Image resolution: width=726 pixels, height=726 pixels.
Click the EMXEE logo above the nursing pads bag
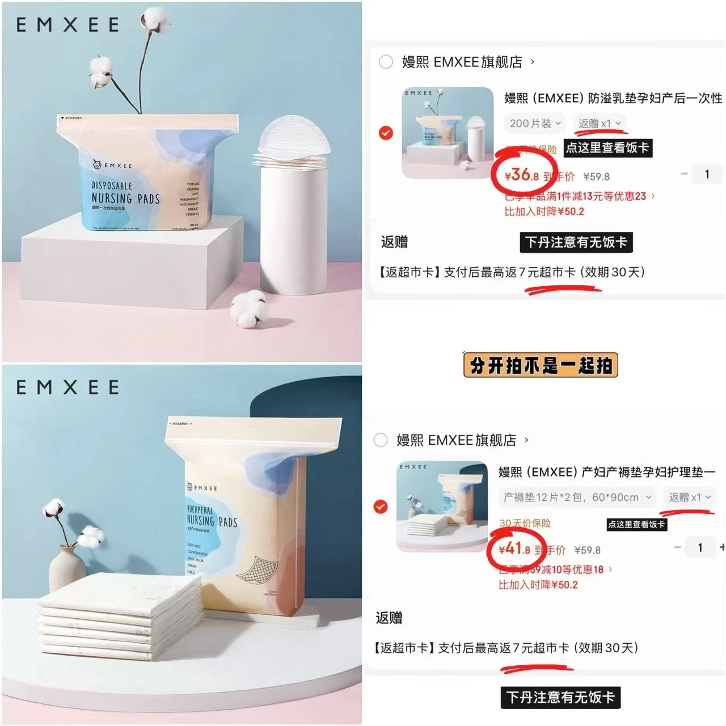(x=67, y=25)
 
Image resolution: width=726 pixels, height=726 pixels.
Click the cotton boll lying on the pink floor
(x=248, y=309)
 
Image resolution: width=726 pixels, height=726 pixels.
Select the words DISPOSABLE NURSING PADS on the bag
(x=125, y=193)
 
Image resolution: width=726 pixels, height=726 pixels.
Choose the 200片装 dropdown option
(x=535, y=123)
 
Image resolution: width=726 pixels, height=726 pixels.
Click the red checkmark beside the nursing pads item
(x=386, y=133)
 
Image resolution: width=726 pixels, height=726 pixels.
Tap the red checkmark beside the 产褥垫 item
(x=381, y=506)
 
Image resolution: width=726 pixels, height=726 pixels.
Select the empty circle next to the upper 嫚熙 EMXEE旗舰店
(x=386, y=62)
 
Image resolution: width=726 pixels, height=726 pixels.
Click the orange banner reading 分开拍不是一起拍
(x=540, y=365)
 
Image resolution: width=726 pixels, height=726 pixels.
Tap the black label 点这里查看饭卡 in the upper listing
(x=607, y=148)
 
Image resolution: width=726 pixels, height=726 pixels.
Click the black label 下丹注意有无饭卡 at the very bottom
(x=560, y=697)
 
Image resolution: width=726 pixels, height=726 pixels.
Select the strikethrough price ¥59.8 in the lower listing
(x=587, y=550)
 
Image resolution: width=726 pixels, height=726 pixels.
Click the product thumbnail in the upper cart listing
(x=448, y=133)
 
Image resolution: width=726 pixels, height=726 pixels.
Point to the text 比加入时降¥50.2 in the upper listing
(x=544, y=212)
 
